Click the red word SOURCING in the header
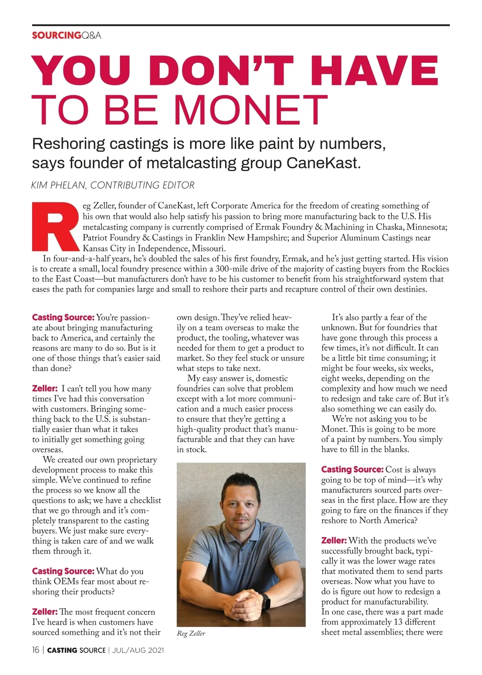click(56, 35)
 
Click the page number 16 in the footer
click(36, 650)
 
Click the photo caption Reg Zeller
click(191, 634)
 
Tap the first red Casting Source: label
click(63, 317)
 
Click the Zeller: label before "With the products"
click(334, 541)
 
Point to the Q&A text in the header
click(91, 35)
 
